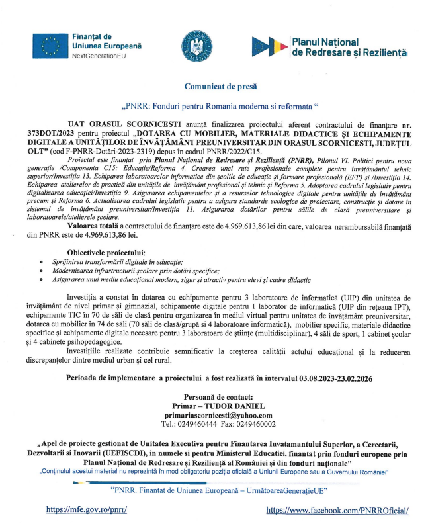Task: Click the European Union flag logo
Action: [x=49, y=46]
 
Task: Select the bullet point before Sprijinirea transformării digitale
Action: [x=42, y=263]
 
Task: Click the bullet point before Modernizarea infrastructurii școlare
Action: [x=42, y=271]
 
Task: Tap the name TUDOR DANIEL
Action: [x=235, y=405]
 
